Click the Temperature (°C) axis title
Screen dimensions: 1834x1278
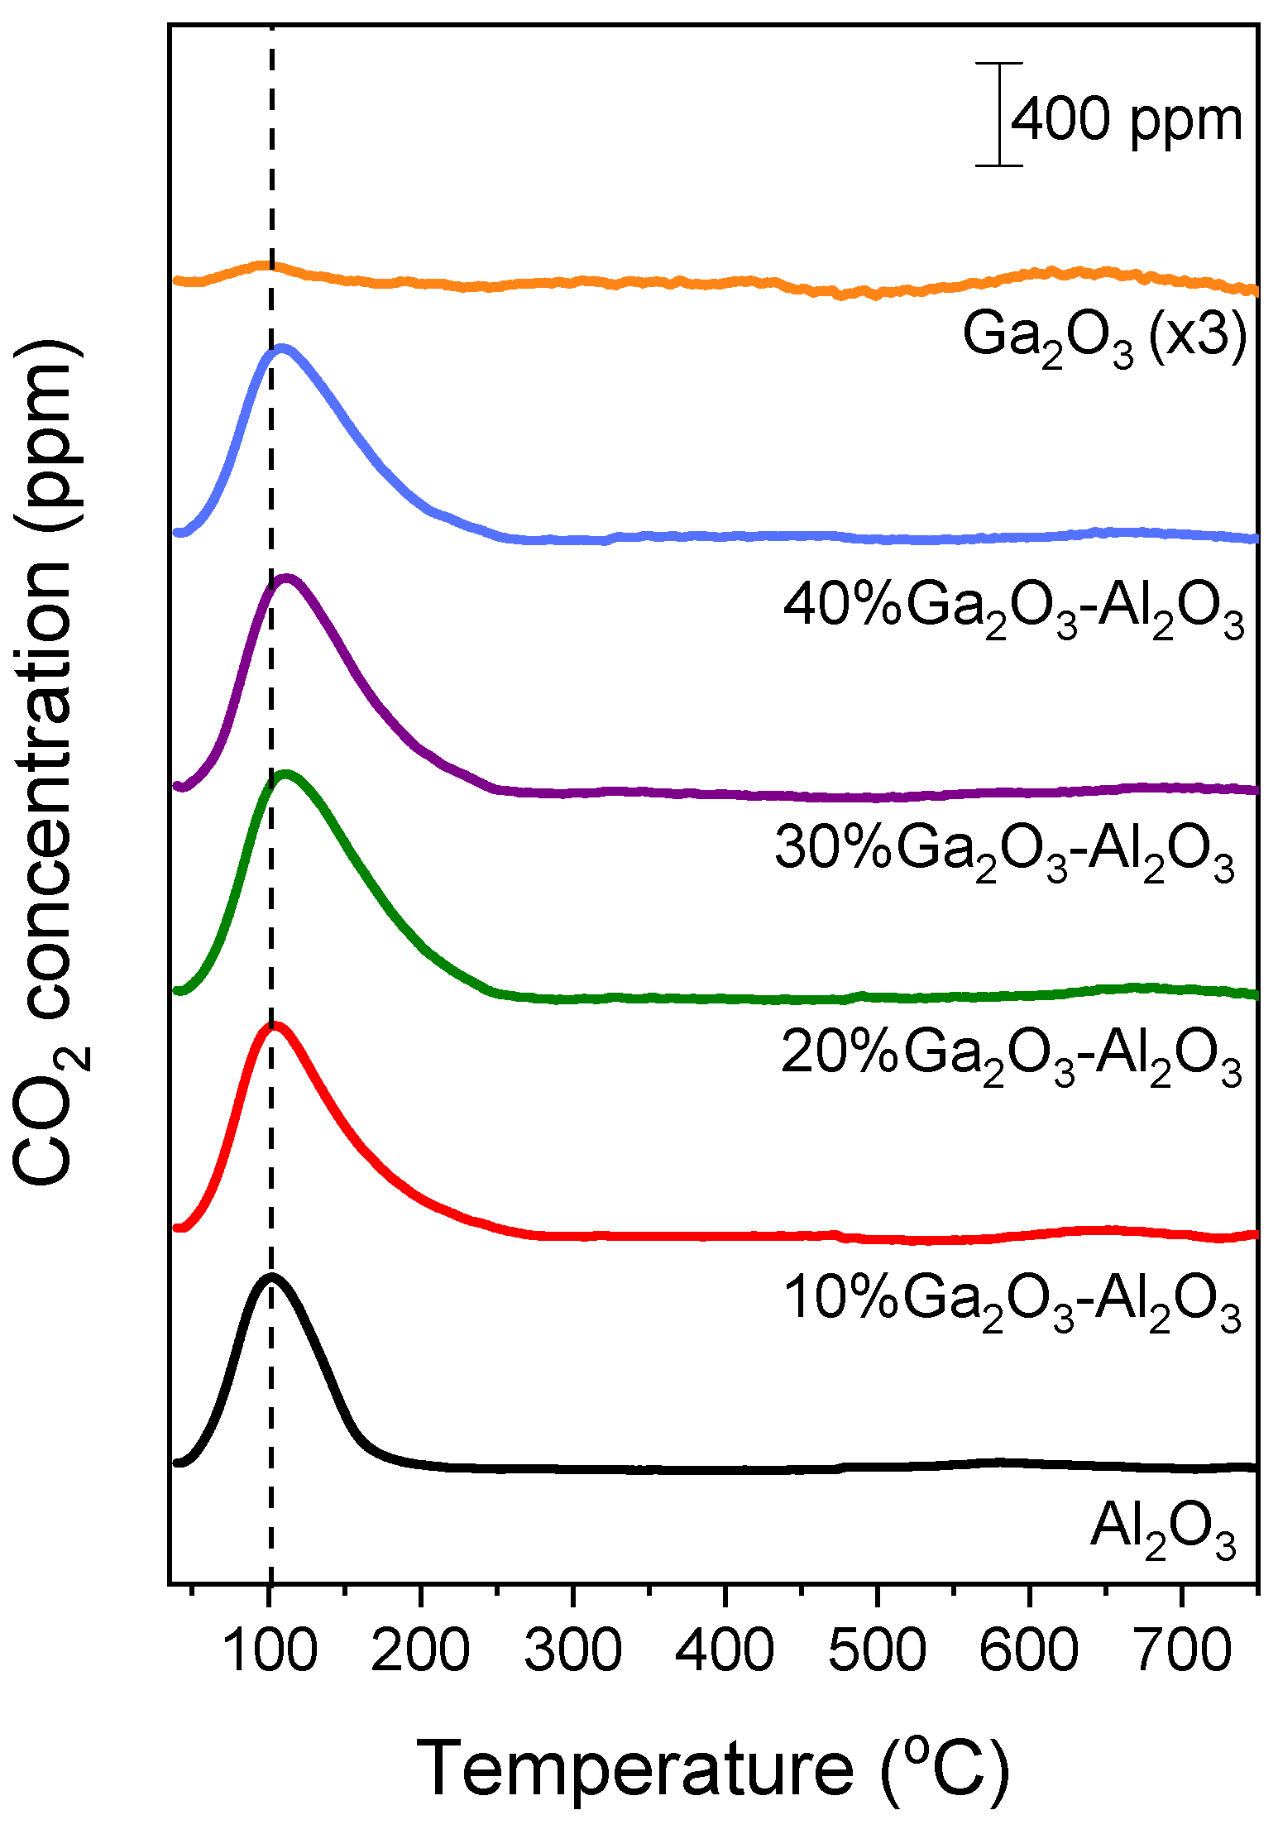point(712,1768)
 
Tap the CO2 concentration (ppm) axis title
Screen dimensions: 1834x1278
point(50,761)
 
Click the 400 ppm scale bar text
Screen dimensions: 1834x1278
point(1127,120)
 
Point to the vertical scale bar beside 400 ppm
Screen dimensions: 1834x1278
point(999,114)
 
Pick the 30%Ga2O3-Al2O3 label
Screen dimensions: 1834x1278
point(1004,852)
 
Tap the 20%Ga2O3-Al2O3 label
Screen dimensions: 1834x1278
point(1011,1056)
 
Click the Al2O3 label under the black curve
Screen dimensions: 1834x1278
point(1162,1530)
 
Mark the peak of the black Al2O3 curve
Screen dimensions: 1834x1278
point(270,1277)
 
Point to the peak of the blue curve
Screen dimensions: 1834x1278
point(282,348)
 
